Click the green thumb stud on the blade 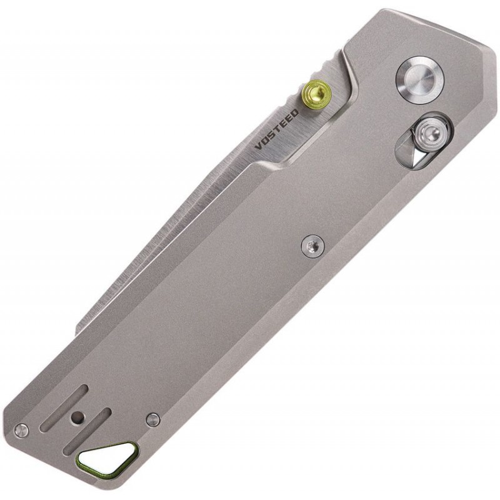315,94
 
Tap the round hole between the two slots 77,417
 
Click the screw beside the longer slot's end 22,429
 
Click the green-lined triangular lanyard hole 108,458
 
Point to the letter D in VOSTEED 295,113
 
